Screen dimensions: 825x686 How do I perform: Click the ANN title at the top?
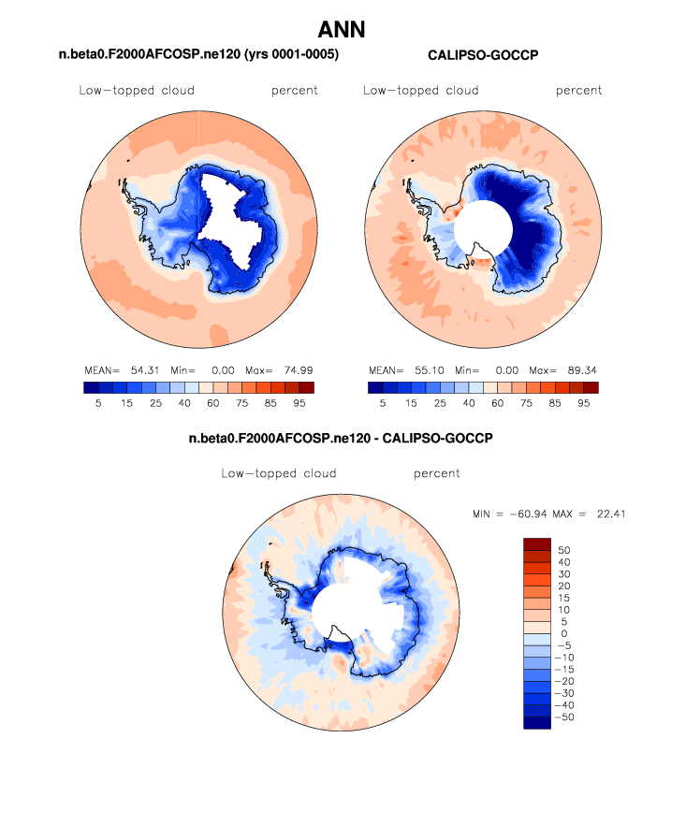click(x=342, y=30)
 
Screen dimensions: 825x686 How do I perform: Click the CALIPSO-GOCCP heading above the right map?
click(x=483, y=56)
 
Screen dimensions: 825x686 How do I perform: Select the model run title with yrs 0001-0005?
click(x=198, y=56)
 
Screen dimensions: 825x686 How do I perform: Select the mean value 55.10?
click(x=424, y=370)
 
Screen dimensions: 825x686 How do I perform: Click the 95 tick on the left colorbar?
click(x=299, y=404)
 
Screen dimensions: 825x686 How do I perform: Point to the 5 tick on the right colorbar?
click(x=382, y=404)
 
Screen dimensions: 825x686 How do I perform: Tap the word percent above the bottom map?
click(x=436, y=474)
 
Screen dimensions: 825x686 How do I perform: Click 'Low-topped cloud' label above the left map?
click(x=137, y=91)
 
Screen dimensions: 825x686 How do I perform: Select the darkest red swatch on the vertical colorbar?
click(x=537, y=543)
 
